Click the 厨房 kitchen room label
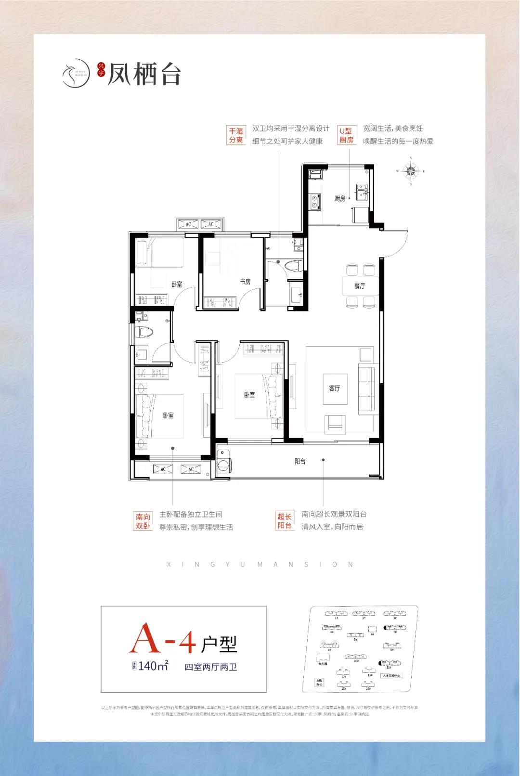pyautogui.click(x=340, y=198)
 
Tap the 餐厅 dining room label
pyautogui.click(x=360, y=285)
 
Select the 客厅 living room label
pyautogui.click(x=335, y=388)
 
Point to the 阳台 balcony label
pyautogui.click(x=300, y=461)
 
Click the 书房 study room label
pyautogui.click(x=245, y=281)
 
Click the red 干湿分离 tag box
pyautogui.click(x=236, y=135)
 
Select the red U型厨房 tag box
pyautogui.click(x=346, y=135)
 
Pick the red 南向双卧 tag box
pyautogui.click(x=143, y=521)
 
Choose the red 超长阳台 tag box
pyautogui.click(x=285, y=521)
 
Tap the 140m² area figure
pyautogui.click(x=153, y=666)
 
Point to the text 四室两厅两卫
pyautogui.click(x=210, y=667)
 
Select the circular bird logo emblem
pyautogui.click(x=77, y=74)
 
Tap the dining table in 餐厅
pyautogui.click(x=360, y=286)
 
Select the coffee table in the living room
pyautogui.click(x=335, y=388)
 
